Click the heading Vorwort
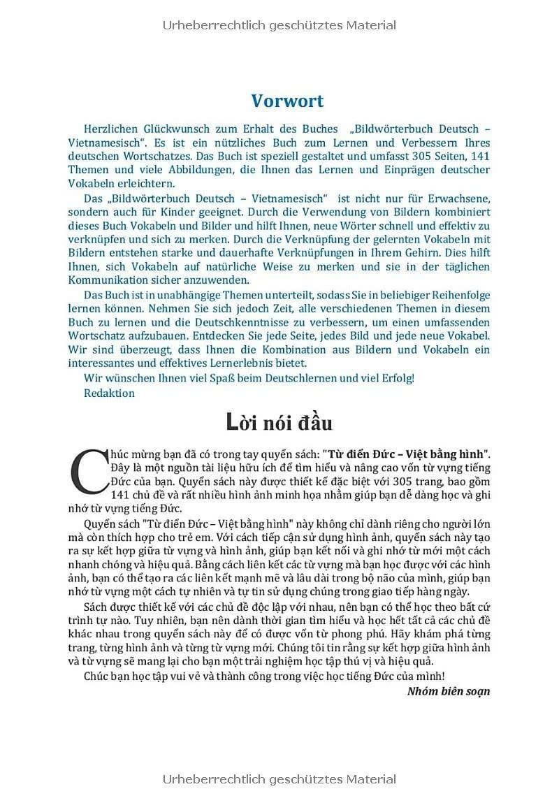click(287, 101)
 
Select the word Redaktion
click(109, 393)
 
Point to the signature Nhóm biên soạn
click(448, 691)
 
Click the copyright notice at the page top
click(279, 25)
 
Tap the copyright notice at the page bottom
click(279, 779)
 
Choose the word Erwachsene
click(458, 198)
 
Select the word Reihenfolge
click(455, 294)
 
